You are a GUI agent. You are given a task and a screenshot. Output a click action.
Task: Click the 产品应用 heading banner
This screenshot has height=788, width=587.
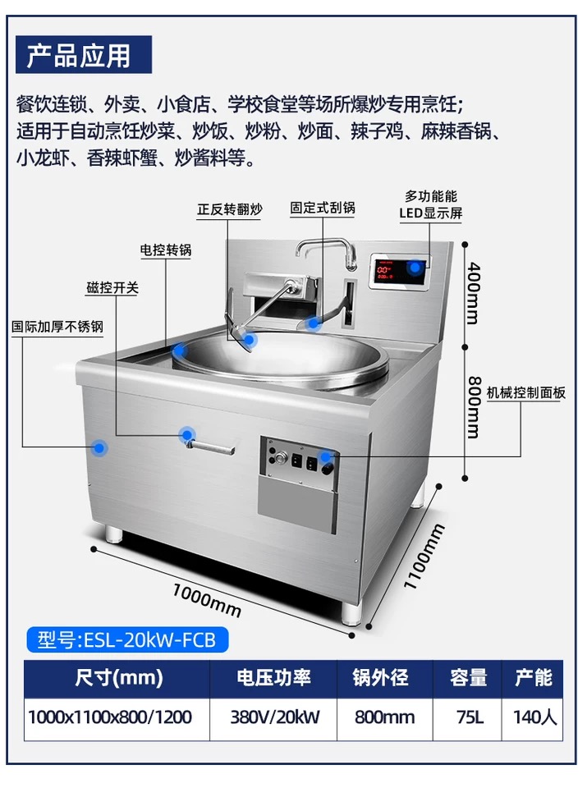pos(79,55)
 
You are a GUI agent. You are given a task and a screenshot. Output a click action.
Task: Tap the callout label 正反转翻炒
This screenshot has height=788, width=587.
pos(230,209)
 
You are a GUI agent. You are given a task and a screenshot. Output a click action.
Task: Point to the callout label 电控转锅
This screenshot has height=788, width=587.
pos(165,250)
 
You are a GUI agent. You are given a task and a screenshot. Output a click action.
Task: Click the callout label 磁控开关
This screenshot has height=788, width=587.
pos(112,288)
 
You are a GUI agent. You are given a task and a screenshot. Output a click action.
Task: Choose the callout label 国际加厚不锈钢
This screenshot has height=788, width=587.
pos(57,326)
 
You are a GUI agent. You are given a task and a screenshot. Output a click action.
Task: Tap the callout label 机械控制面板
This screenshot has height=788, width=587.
pos(526,393)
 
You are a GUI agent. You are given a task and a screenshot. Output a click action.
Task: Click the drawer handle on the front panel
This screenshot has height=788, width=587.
pos(212,446)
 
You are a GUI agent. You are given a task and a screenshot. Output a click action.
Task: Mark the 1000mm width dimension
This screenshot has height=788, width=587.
pos(207,597)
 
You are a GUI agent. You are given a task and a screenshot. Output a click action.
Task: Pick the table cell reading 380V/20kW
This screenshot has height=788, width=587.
pos(273,717)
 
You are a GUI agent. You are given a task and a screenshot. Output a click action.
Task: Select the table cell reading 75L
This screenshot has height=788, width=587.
pos(468,717)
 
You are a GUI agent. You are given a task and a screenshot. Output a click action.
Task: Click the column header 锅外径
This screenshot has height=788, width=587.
pos(380,678)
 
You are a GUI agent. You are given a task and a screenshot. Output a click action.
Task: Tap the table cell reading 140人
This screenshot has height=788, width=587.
pos(534,717)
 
